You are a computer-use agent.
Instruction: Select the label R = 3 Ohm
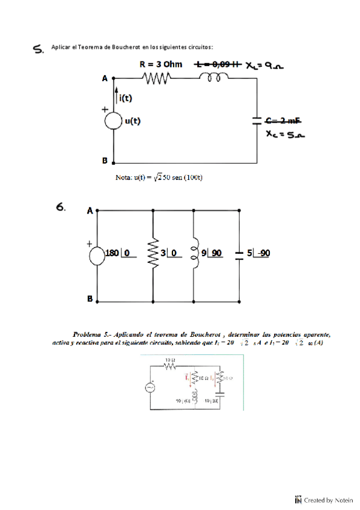(160, 64)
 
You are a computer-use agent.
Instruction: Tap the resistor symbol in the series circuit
(157, 78)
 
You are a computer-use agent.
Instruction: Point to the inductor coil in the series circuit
(214, 77)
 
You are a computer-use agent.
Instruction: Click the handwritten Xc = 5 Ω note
(284, 137)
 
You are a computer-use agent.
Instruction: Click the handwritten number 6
(61, 207)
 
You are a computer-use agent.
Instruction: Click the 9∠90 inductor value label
(213, 254)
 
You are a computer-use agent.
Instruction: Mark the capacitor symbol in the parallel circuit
(239, 254)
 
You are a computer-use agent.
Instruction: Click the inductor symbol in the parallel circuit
(194, 253)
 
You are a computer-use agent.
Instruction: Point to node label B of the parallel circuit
(89, 299)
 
